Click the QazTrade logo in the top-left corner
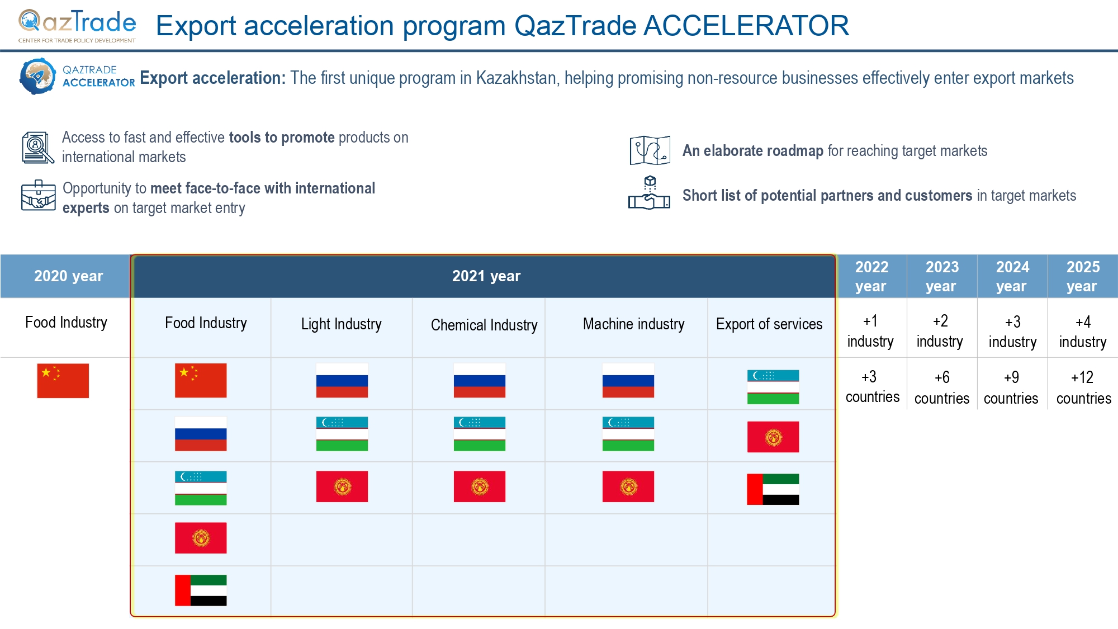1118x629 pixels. (x=77, y=26)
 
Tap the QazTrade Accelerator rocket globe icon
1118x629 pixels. (x=38, y=76)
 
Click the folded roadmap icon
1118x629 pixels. (x=650, y=150)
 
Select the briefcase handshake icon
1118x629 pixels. (x=38, y=196)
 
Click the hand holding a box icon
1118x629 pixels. (x=649, y=193)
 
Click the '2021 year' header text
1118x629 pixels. (x=486, y=276)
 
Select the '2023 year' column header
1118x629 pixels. (x=942, y=276)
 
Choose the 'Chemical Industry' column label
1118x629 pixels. (x=484, y=325)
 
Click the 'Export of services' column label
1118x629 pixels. (x=769, y=324)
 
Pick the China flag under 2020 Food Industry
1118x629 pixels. (x=63, y=381)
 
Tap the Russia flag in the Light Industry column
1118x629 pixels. (x=342, y=381)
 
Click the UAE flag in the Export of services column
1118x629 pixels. (x=773, y=489)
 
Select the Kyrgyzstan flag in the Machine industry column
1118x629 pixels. (x=628, y=486)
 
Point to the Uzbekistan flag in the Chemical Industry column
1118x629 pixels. (x=480, y=434)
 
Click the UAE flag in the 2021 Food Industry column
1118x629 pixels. (x=201, y=590)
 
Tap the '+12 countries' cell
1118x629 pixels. (x=1083, y=387)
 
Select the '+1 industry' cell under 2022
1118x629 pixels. (x=870, y=331)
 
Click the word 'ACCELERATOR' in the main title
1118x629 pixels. (x=746, y=26)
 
